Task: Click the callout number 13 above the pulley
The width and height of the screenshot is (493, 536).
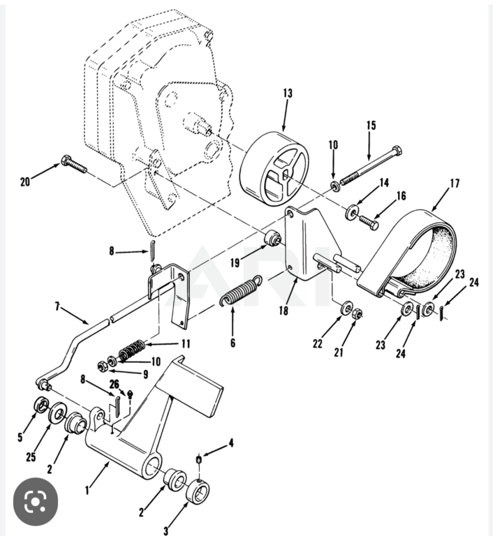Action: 288,93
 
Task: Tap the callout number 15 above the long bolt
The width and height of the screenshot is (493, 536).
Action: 371,125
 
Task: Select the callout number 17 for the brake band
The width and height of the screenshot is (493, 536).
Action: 455,184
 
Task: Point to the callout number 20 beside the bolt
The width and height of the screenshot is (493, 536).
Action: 25,182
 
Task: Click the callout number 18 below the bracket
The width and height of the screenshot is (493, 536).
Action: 284,311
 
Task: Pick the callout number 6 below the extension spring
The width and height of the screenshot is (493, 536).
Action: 233,343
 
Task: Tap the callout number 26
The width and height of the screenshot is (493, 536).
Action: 115,385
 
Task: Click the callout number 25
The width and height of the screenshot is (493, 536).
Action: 31,456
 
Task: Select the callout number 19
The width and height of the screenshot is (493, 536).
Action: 235,263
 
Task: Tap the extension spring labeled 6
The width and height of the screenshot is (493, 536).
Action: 241,290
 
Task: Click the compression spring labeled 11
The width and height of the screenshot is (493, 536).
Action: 132,350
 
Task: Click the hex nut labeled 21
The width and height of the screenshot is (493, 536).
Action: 357,313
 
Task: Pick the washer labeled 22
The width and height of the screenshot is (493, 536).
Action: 347,308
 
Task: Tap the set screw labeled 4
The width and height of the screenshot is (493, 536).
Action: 199,459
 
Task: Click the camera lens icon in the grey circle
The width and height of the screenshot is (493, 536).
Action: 36,502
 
